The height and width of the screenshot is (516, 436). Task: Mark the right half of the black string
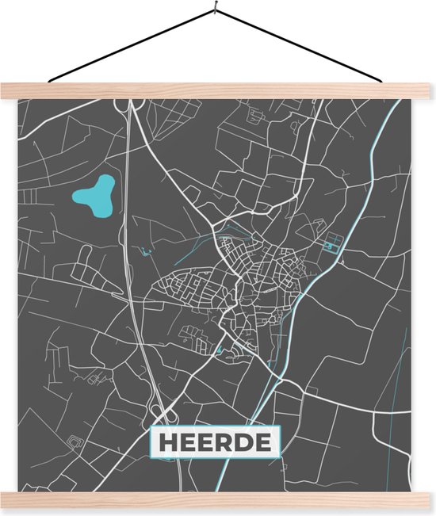click(301, 44)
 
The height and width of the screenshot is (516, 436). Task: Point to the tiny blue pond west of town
click(146, 252)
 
